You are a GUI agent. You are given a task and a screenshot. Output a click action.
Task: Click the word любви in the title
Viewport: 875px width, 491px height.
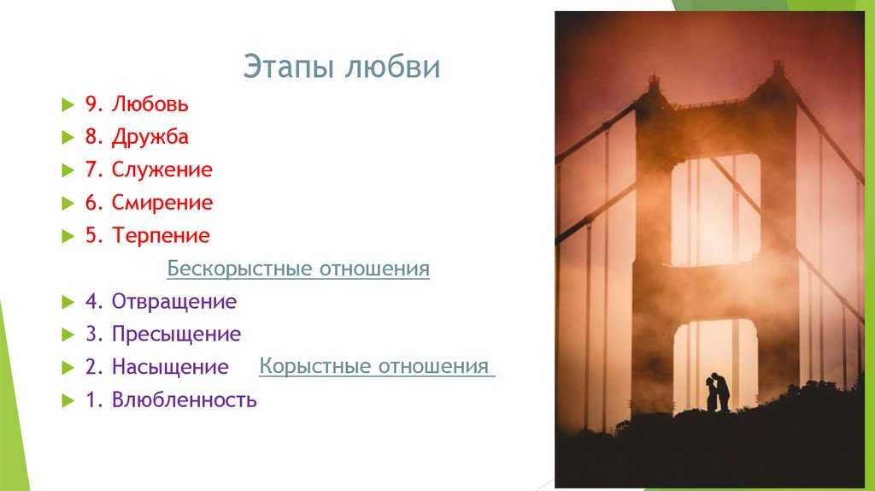[x=392, y=67]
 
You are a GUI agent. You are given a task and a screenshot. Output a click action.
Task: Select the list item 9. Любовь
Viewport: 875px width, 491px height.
[x=137, y=104]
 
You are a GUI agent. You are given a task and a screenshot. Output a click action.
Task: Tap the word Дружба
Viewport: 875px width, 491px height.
[x=150, y=138]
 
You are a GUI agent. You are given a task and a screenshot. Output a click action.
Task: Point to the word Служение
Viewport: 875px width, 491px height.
[x=161, y=170]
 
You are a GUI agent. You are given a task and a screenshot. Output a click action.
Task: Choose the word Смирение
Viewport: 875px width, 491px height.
[x=162, y=203]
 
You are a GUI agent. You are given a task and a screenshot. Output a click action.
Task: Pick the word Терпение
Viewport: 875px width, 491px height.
[x=161, y=236]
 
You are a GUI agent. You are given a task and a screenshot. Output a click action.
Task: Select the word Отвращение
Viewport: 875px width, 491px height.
[x=174, y=302]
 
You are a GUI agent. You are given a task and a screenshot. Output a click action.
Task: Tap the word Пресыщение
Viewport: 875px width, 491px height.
[x=176, y=334]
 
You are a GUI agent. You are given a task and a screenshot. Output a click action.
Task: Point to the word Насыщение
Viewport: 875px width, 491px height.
[x=170, y=367]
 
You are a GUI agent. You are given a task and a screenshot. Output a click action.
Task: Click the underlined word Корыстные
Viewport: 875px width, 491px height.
[x=315, y=366]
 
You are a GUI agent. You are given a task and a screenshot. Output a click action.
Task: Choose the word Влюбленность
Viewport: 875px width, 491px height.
[x=185, y=400]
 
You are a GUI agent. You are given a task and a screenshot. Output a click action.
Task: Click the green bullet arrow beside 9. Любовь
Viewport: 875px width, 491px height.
[x=68, y=104]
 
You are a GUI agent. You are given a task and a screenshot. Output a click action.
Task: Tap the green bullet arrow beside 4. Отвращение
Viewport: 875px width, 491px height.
[x=68, y=302]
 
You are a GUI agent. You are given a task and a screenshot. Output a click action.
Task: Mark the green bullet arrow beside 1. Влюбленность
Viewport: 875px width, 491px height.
[x=68, y=400]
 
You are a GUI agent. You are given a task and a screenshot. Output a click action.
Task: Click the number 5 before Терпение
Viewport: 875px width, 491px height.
[x=91, y=236]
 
